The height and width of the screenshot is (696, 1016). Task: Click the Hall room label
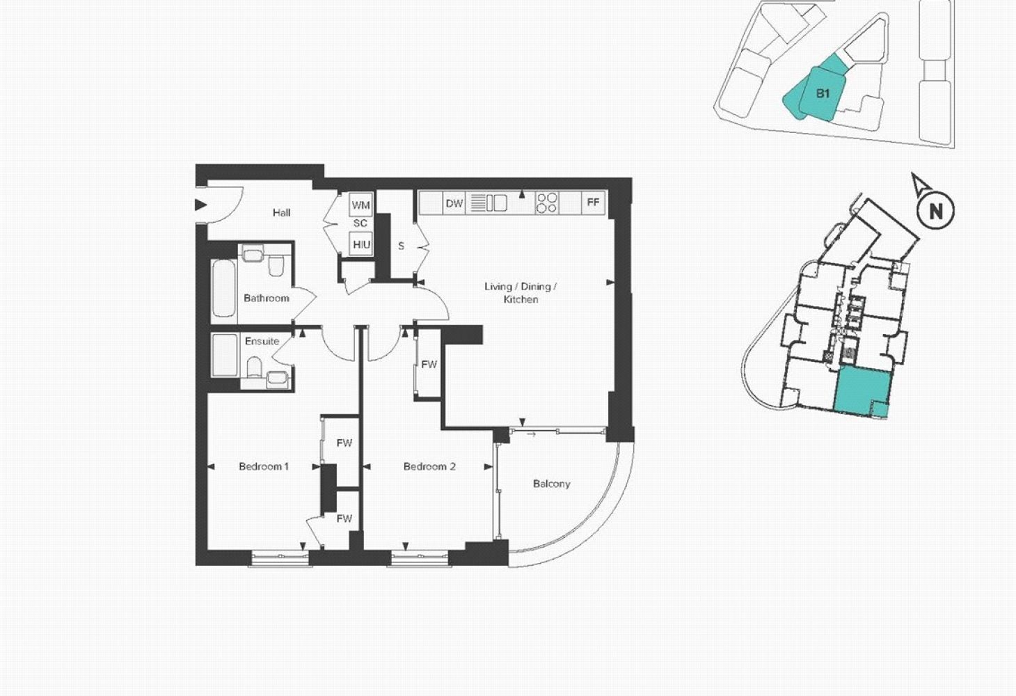281,212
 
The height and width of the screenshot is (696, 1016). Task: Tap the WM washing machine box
361,205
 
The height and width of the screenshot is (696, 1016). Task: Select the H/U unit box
361,244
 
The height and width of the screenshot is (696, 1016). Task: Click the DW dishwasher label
454,203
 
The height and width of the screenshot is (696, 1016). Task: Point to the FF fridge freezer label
593,203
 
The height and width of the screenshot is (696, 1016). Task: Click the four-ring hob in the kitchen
547,203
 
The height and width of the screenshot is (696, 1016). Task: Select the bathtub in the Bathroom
223,287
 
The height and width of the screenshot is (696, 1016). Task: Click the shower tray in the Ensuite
225,355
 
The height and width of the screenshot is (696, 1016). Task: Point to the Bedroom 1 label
264,466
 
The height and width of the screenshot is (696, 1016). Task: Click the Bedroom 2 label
429,466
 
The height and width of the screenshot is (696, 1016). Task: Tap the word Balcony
551,484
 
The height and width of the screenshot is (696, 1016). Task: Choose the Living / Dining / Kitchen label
521,292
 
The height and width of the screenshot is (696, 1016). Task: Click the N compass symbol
935,211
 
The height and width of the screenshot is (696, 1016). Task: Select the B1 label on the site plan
823,93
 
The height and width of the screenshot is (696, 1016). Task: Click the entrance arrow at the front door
200,205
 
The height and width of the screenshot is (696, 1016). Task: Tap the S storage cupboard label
401,246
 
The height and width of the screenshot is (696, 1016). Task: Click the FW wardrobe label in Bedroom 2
429,364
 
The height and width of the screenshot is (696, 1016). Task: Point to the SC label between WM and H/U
360,223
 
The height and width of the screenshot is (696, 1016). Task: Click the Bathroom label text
267,298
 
